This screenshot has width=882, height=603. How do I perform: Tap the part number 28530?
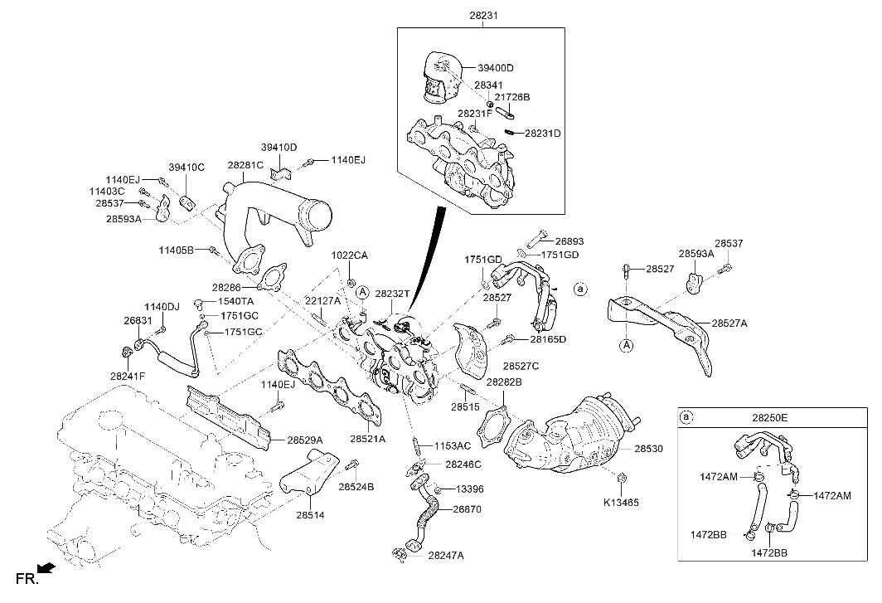[649, 449]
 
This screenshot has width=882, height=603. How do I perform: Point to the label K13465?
[621, 502]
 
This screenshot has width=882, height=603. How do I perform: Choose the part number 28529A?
[305, 440]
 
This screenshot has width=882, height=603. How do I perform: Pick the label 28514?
[308, 516]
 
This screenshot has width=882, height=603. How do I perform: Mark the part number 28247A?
[447, 555]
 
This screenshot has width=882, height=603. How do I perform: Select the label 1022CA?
[350, 255]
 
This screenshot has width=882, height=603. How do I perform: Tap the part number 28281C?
[245, 165]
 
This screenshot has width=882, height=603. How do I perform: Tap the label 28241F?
[127, 376]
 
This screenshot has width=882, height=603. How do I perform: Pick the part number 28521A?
[367, 438]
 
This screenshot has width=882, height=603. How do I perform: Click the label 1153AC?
[453, 445]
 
